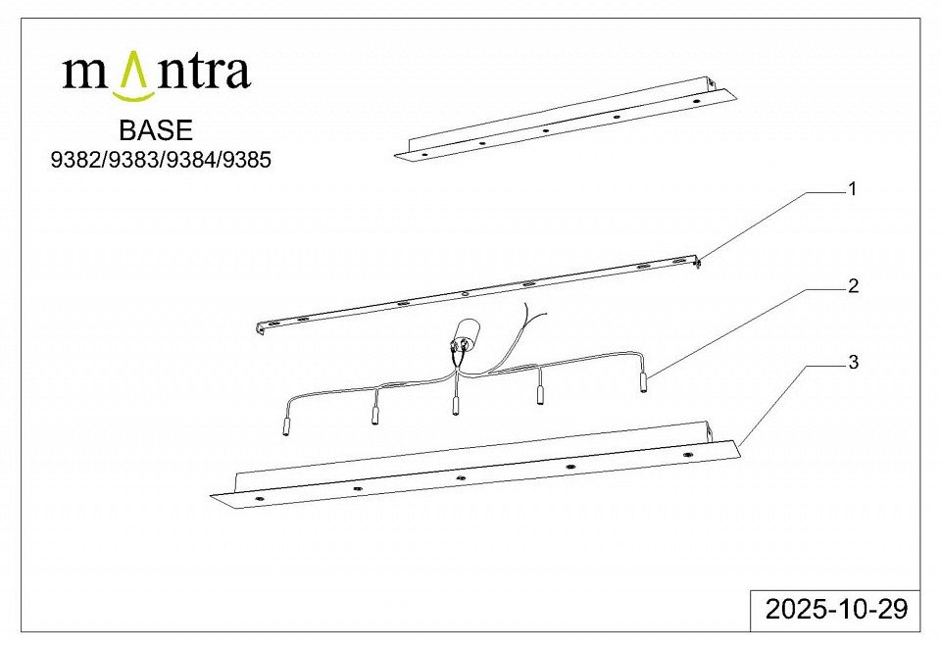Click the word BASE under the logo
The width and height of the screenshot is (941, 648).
(x=156, y=130)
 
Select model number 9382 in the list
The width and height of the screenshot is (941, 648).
(x=75, y=160)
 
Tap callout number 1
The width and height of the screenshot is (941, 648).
(x=851, y=189)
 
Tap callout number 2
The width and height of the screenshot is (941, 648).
(x=853, y=286)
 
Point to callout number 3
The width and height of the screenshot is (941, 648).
(x=853, y=362)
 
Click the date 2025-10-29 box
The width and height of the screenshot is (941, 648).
(x=835, y=610)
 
